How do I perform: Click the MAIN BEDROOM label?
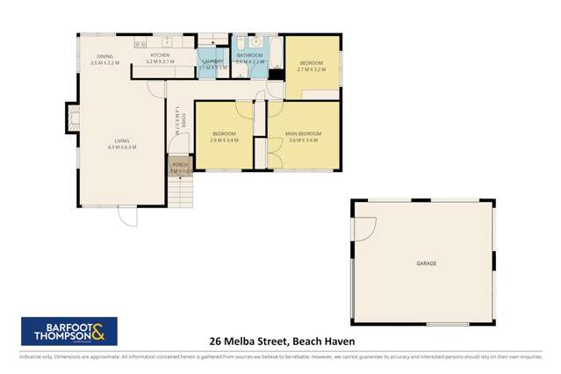click(303, 133)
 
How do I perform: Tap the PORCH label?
click(179, 165)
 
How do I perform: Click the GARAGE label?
click(427, 263)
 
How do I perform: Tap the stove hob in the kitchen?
click(140, 43)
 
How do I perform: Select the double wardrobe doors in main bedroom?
click(272, 151)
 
